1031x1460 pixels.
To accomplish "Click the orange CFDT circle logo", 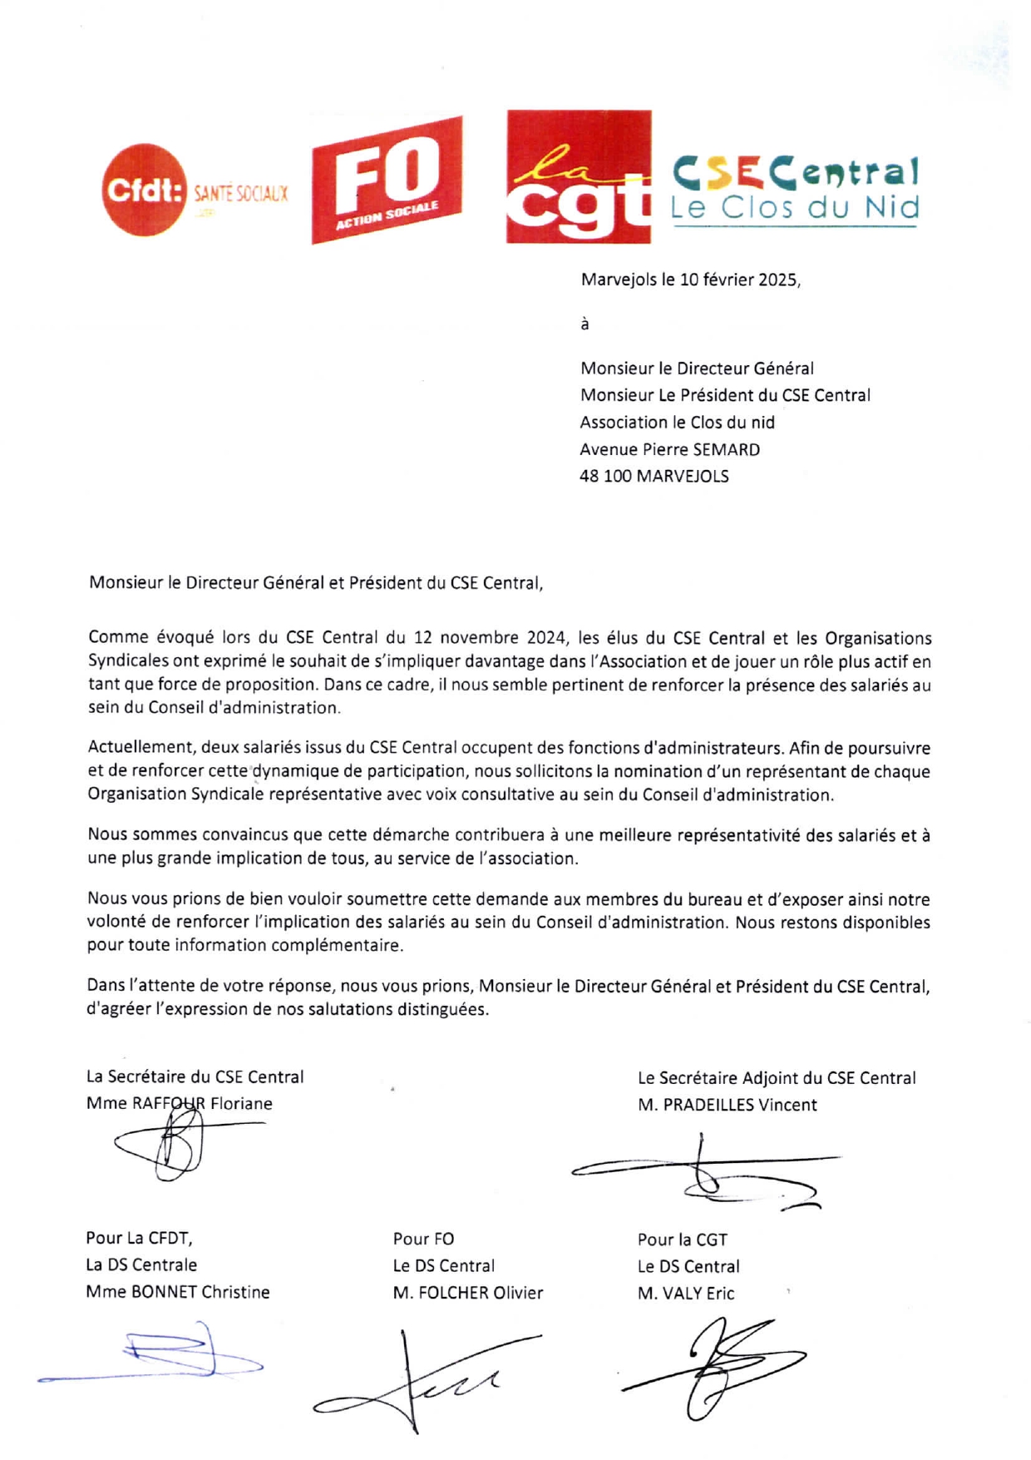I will pyautogui.click(x=141, y=191).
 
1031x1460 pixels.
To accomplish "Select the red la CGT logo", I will pyautogui.click(x=579, y=176).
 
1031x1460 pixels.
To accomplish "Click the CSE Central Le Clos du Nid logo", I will pyautogui.click(x=794, y=190).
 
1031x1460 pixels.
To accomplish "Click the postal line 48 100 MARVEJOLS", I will pyautogui.click(x=654, y=477).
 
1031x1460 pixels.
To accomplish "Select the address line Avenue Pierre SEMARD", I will pyautogui.click(x=669, y=450).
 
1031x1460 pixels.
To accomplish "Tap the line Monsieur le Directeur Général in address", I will pyautogui.click(x=697, y=369).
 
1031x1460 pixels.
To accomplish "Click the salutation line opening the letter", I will pyautogui.click(x=316, y=583).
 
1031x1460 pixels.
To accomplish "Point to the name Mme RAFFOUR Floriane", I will pyautogui.click(x=179, y=1104).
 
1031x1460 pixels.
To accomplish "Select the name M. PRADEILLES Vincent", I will pyautogui.click(x=727, y=1106).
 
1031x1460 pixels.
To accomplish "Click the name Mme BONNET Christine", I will pyautogui.click(x=177, y=1293).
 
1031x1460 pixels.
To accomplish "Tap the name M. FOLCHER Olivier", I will pyautogui.click(x=467, y=1294).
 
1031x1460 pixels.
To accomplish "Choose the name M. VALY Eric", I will pyautogui.click(x=686, y=1294).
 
